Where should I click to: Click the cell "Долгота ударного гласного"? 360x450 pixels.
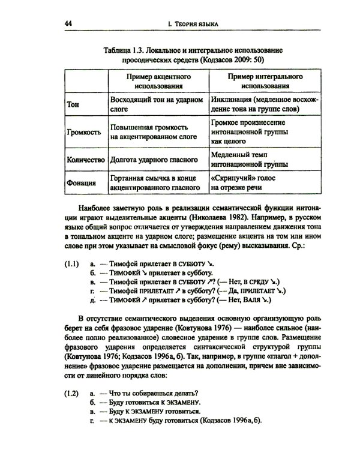coord(155,160)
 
